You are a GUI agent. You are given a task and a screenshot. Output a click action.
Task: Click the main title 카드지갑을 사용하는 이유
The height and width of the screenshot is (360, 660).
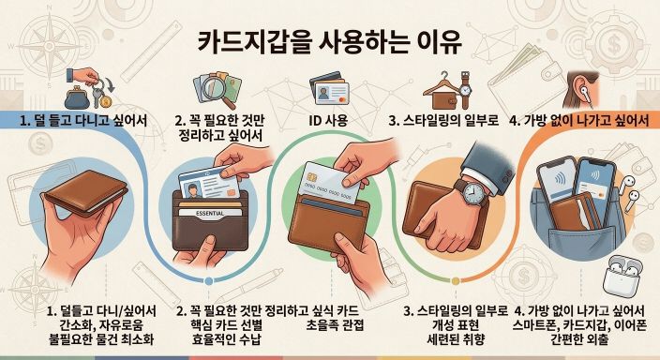pyautogui.click(x=330, y=42)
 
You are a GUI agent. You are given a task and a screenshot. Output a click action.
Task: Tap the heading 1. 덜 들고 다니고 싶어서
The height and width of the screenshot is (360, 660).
pyautogui.click(x=83, y=121)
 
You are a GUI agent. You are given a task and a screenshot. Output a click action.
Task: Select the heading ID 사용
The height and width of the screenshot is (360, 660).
pyautogui.click(x=328, y=121)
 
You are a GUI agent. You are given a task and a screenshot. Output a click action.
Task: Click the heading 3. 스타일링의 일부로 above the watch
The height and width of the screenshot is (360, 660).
pyautogui.click(x=443, y=121)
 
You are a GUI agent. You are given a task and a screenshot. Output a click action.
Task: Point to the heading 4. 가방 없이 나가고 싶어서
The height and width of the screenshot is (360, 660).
pyautogui.click(x=578, y=121)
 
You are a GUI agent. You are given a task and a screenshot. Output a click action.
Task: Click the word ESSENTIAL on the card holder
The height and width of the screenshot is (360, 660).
pyautogui.click(x=210, y=214)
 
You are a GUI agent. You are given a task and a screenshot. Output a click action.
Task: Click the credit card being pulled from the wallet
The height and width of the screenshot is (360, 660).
pyautogui.click(x=331, y=182)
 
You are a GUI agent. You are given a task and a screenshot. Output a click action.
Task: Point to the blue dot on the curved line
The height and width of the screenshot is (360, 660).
pyautogui.click(x=208, y=281)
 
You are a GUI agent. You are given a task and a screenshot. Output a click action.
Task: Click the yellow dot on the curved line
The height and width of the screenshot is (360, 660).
pyautogui.click(x=456, y=281)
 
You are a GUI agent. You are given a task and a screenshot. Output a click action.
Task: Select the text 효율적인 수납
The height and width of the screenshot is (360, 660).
pyautogui.click(x=220, y=339)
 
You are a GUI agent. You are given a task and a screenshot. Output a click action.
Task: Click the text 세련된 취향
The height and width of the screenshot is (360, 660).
pyautogui.click(x=456, y=339)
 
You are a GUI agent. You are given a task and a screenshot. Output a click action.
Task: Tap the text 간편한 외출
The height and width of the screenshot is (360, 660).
pyautogui.click(x=578, y=339)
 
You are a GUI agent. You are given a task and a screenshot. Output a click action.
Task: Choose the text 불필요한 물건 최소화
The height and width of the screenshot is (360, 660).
pyautogui.click(x=101, y=339)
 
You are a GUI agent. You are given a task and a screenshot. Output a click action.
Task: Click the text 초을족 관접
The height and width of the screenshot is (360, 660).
pyautogui.click(x=335, y=325)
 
